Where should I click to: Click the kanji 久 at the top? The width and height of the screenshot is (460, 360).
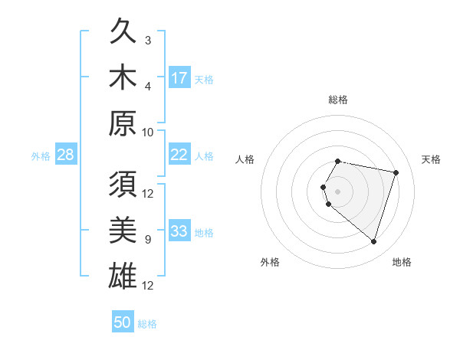pos(123,33)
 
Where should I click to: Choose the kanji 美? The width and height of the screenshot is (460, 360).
pos(123,231)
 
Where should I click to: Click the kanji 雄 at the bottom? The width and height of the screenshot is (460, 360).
pos(123,276)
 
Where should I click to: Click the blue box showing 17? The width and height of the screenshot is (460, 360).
pos(179,78)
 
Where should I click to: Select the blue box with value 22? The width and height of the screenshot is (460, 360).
pos(179,155)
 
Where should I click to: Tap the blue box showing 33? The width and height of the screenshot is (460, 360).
pos(179,232)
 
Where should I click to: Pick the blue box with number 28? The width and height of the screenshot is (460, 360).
pos(66,155)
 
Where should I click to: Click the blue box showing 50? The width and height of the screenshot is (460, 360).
pos(123,322)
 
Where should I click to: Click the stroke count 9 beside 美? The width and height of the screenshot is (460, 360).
pos(148,240)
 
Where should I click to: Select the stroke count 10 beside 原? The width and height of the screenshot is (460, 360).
pos(148,132)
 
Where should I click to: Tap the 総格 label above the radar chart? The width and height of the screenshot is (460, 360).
pos(338,100)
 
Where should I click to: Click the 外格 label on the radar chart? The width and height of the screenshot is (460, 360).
pos(270,262)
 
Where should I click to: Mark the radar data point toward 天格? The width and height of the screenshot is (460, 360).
pos(396,172)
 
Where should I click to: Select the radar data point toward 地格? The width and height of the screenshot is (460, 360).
pos(373,242)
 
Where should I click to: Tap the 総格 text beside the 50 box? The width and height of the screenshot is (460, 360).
pos(147,324)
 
